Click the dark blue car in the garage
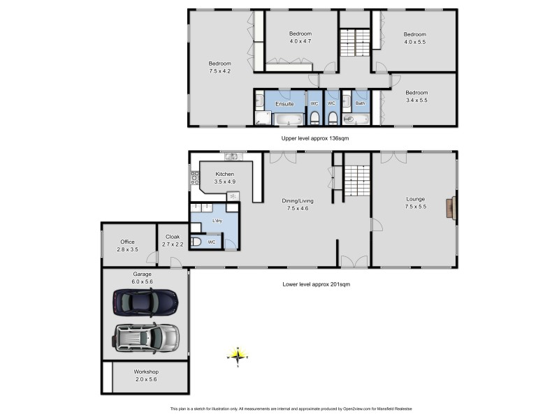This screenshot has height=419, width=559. pos(145,302)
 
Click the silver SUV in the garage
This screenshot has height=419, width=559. pos(145,337)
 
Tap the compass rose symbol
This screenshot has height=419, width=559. pos(238,357)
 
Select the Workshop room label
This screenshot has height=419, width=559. pos(146,375)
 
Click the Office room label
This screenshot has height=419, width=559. pos(127,245)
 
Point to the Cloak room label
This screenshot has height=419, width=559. pos(173,240)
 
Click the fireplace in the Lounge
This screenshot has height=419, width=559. pos(455,208)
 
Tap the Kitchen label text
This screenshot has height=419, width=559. pos(224,177)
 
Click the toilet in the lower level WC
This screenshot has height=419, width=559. pos(196,242)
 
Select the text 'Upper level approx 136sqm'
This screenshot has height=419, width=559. pos(314,138)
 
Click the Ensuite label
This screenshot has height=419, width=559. pos(284,104)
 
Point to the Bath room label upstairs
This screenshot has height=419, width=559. pos(360,104)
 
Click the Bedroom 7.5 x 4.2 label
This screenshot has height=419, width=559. pos(219,67)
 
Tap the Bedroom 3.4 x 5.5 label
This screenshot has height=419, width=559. pos(416,96)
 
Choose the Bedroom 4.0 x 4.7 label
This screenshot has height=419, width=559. pos(300,37)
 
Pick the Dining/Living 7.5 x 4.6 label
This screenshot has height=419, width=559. pos(297,204)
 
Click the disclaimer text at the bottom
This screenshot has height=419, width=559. pos(296,409)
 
